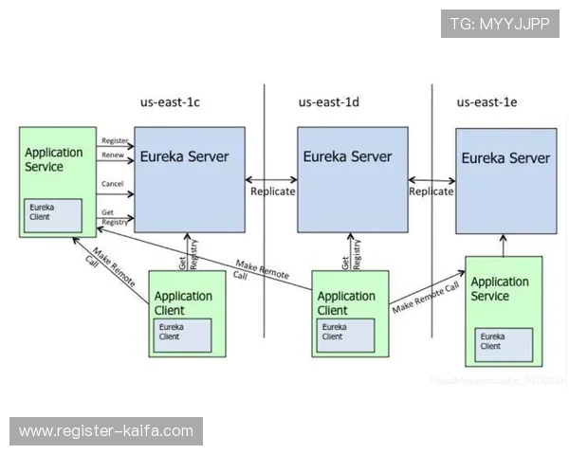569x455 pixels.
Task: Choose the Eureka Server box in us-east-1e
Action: [505, 181]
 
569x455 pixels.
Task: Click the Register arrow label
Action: [114, 140]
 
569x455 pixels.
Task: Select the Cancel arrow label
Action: [112, 183]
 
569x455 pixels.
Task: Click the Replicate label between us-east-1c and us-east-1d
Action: [273, 191]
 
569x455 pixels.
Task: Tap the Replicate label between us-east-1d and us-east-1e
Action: [431, 191]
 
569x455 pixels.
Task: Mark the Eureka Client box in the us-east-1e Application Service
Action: [504, 341]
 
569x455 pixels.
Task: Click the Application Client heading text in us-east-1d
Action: [346, 302]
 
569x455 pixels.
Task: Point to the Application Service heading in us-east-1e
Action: [500, 288]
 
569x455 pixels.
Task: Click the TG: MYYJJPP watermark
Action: [500, 24]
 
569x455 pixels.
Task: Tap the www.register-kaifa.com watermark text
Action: [105, 431]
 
